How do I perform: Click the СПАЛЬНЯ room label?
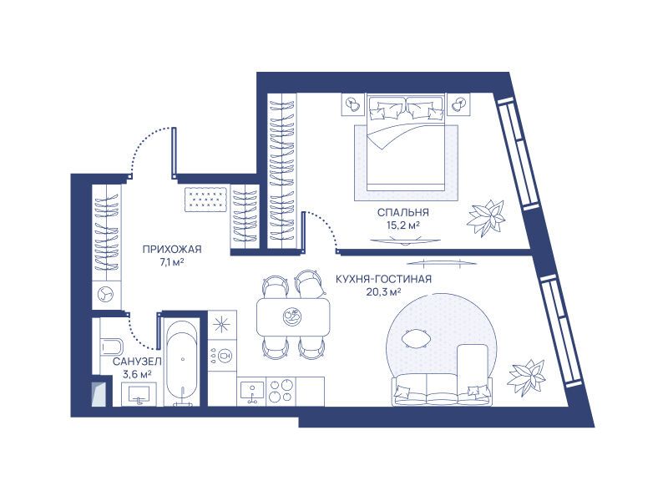click(x=403, y=212)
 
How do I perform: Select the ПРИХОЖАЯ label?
click(x=172, y=249)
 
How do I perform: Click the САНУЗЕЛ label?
click(x=137, y=362)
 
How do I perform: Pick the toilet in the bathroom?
click(x=112, y=347)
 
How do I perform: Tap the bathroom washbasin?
click(x=139, y=393)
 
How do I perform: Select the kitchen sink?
click(x=252, y=392)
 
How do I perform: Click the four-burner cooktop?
click(x=281, y=391)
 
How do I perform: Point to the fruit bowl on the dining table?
click(x=293, y=317)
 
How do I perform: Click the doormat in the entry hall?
click(x=205, y=199)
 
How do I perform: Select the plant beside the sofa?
click(x=527, y=378)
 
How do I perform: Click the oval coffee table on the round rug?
click(x=416, y=340)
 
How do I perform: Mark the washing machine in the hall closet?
click(x=106, y=295)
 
